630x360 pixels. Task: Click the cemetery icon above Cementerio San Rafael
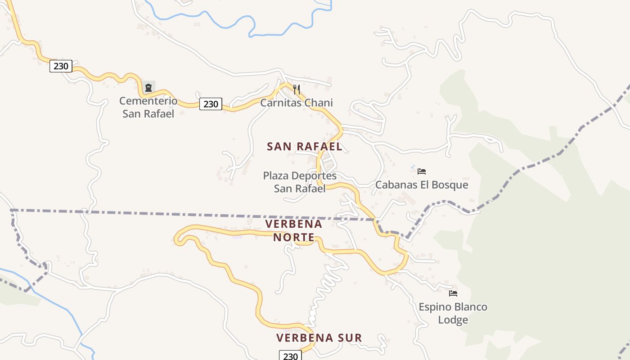pyautogui.click(x=148, y=87)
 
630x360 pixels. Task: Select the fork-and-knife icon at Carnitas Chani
pyautogui.click(x=296, y=89)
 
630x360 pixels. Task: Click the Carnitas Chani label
pyautogui.click(x=297, y=103)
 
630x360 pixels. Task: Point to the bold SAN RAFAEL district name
pyautogui.click(x=305, y=146)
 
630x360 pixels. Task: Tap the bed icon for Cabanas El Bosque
pyautogui.click(x=422, y=171)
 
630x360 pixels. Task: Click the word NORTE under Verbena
pyautogui.click(x=294, y=237)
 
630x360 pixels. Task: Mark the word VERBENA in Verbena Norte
pyautogui.click(x=294, y=224)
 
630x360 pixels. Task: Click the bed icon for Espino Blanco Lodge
pyautogui.click(x=453, y=293)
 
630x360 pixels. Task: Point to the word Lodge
pyautogui.click(x=453, y=320)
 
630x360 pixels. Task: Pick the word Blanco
pyautogui.click(x=470, y=307)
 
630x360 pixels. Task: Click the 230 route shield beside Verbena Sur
pyautogui.click(x=290, y=356)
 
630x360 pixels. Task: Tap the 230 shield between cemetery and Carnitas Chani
pyautogui.click(x=211, y=104)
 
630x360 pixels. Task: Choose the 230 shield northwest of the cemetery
pyautogui.click(x=61, y=66)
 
